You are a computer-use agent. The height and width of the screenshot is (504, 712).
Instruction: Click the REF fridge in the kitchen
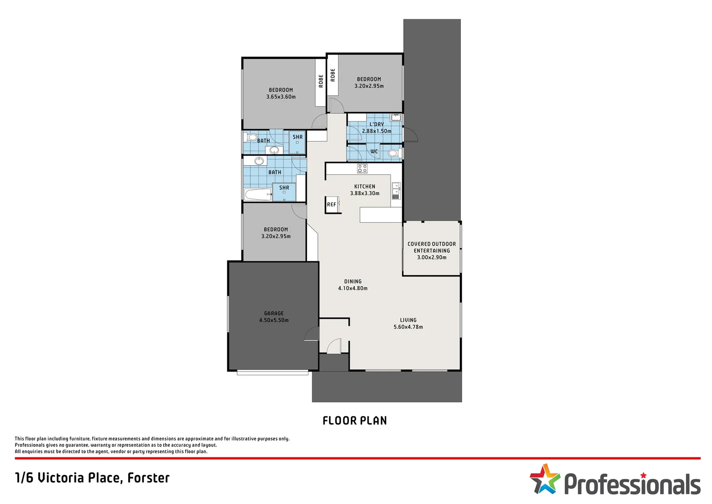(332, 205)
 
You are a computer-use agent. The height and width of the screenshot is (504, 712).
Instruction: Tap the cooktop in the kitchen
(362, 168)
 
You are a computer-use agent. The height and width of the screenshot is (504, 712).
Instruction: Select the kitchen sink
(396, 191)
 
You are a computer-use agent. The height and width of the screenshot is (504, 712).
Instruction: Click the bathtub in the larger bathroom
(258, 195)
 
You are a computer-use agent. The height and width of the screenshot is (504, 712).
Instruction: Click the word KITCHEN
(364, 187)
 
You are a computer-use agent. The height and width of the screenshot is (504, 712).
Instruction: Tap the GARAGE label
(274, 314)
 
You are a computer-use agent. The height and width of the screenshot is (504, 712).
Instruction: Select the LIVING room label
(408, 320)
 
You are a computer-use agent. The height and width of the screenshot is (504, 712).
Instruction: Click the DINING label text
(353, 281)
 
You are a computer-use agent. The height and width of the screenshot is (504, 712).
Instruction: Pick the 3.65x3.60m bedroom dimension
(281, 97)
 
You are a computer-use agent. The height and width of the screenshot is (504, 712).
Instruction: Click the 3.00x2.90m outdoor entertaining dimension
(431, 258)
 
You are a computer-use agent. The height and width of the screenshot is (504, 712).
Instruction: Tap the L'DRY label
(377, 125)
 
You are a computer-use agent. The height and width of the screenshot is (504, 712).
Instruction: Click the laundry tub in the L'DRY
(396, 117)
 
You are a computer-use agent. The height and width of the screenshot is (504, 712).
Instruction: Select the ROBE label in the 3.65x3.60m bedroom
(321, 81)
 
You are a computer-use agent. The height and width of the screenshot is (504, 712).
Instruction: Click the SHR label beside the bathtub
(284, 188)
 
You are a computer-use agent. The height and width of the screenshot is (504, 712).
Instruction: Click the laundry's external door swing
(411, 135)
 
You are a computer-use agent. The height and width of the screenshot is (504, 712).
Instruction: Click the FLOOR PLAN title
(355, 421)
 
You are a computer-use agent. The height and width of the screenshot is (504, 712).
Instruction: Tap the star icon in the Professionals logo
(544, 479)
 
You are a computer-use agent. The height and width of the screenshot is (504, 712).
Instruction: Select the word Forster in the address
(148, 478)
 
